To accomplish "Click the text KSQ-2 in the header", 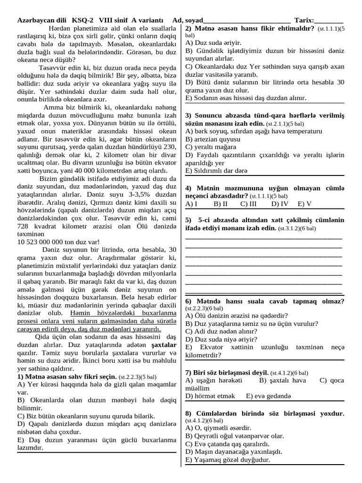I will tap(82, 21).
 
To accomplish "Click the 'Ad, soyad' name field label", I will tap(187, 21).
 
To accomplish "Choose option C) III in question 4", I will tap(248, 204).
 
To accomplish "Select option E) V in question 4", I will tap(304, 204).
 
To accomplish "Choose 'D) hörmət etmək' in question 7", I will tap(210, 396).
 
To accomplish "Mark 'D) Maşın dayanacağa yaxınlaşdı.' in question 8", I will tap(234, 451).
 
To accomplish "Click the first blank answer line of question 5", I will tap(264, 239).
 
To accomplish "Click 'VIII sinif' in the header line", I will tap(113, 21).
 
